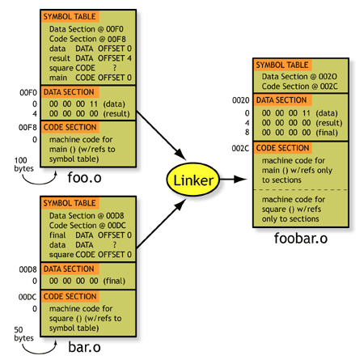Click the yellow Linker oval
pyautogui.click(x=193, y=180)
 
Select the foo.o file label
pyautogui.click(x=84, y=178)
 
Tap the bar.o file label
pyautogui.click(x=84, y=347)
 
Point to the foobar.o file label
pyautogui.click(x=301, y=238)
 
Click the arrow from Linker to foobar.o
pyautogui.click(x=233, y=179)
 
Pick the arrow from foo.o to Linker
pyautogui.click(x=161, y=135)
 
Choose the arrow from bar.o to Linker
pyautogui.click(x=161, y=223)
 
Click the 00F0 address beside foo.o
pyautogui.click(x=28, y=92)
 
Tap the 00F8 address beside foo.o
pyautogui.click(x=28, y=127)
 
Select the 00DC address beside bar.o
pyautogui.click(x=28, y=297)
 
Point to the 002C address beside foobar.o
pyautogui.click(x=240, y=148)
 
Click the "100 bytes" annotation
pyautogui.click(x=23, y=164)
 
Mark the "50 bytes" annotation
pyautogui.click(x=23, y=334)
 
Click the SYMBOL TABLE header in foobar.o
pyautogui.click(x=282, y=65)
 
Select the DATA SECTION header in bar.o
pyautogui.click(x=69, y=269)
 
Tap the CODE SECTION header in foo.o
pyautogui.click(x=70, y=127)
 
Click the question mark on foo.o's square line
pyautogui.click(x=115, y=68)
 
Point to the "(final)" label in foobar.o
pyautogui.click(x=327, y=133)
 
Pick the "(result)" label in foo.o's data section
pyautogui.click(x=116, y=113)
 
